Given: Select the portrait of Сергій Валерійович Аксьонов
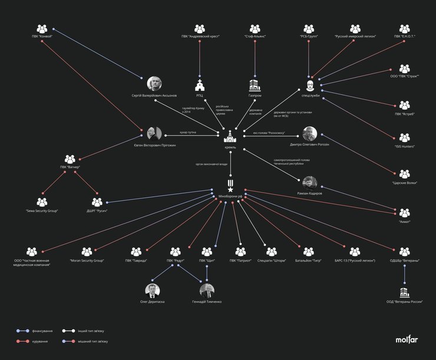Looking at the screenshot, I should click(x=154, y=84).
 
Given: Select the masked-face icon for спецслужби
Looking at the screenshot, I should click(x=311, y=84).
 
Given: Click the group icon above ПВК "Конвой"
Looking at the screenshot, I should click(x=42, y=28).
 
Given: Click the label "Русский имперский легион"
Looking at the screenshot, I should click(x=355, y=37).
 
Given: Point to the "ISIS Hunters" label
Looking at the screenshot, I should click(x=404, y=146).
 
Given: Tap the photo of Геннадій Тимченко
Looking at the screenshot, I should click(x=207, y=290).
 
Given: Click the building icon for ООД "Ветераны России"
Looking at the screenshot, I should click(x=404, y=292).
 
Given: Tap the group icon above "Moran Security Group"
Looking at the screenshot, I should click(x=87, y=252).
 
